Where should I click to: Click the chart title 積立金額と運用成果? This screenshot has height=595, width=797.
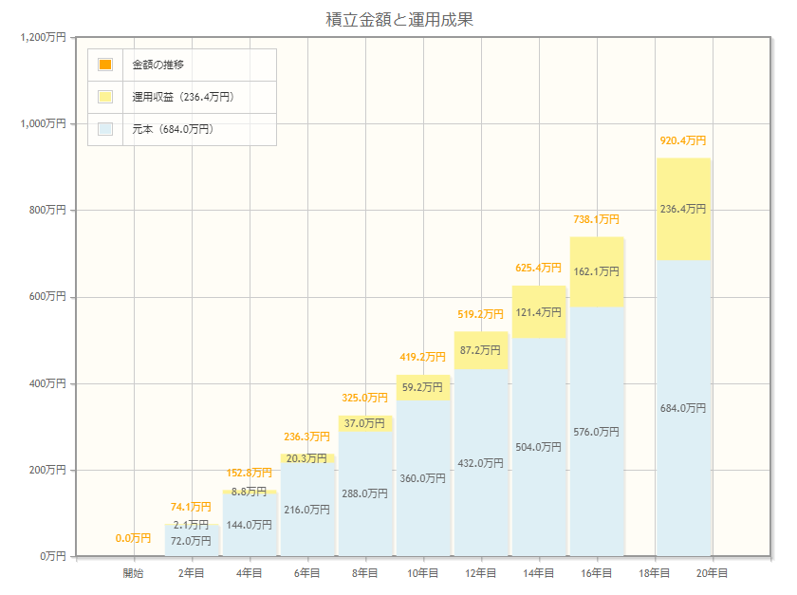(398, 19)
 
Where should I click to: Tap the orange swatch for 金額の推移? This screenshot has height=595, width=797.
(105, 65)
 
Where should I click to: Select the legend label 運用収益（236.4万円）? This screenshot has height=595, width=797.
(183, 97)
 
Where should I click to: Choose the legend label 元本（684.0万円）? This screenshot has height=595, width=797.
(173, 129)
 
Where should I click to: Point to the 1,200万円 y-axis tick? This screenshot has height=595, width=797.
(43, 37)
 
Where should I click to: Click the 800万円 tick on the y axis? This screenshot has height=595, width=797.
(47, 210)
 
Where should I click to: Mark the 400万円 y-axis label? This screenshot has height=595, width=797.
(47, 383)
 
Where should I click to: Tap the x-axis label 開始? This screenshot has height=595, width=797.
(134, 573)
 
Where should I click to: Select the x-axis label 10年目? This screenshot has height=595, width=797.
(422, 573)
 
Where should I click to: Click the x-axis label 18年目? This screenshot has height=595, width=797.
(654, 573)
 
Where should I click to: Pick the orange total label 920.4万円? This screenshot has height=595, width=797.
(683, 140)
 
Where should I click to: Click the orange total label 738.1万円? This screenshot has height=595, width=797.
(597, 219)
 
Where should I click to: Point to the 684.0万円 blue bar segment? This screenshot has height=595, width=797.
(683, 408)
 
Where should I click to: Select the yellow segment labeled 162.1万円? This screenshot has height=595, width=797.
(597, 271)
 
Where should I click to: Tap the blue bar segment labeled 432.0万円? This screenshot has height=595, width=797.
(481, 463)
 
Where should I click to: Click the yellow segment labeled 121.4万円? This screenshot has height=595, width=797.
(539, 312)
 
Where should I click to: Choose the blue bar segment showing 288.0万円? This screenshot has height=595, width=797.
(365, 493)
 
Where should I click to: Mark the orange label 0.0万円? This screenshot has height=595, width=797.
(133, 539)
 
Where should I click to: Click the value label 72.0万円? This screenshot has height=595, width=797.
(191, 541)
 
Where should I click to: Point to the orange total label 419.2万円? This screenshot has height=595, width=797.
(422, 358)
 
